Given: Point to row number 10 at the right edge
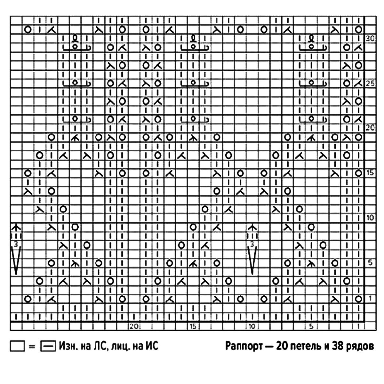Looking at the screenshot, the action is tap(370, 218).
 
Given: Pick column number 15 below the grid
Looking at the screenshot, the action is tap(193, 327).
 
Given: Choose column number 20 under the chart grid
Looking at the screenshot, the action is tap(134, 327).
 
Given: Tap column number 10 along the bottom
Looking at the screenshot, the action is tap(252, 327).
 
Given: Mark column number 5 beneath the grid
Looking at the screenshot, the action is tap(311, 327).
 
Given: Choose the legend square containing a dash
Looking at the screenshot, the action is tap(48, 347).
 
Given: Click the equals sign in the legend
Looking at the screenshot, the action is tap(32, 347).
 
